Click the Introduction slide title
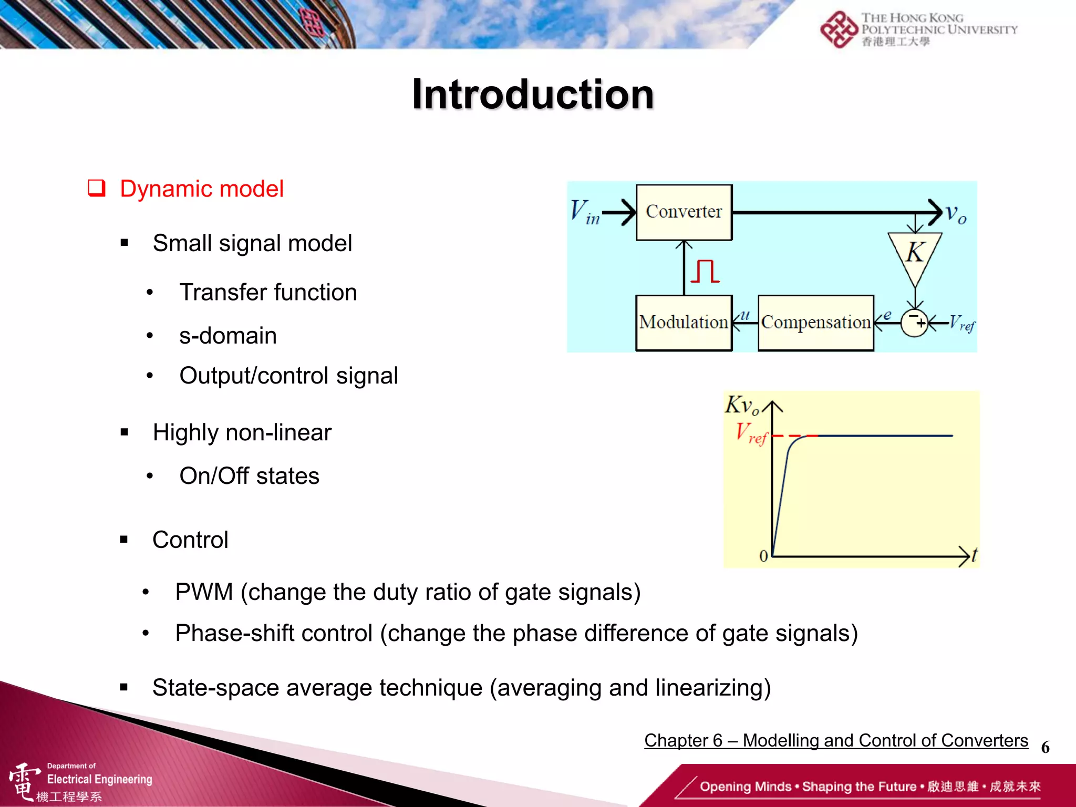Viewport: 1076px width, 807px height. [533, 95]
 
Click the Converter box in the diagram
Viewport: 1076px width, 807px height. [684, 212]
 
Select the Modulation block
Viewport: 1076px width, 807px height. [684, 323]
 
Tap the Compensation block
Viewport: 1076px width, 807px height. [815, 323]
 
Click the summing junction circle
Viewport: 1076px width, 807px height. [915, 323]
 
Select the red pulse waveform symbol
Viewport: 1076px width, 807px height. [705, 272]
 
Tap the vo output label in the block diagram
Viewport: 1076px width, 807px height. [956, 214]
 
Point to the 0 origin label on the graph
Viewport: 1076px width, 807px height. [763, 556]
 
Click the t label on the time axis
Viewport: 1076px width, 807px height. [975, 555]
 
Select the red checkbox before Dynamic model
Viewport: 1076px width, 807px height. [97, 188]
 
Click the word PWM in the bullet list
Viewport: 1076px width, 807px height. [204, 592]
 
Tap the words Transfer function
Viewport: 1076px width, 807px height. [268, 293]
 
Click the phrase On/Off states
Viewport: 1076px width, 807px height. [249, 476]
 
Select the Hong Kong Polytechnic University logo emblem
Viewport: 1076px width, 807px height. [839, 30]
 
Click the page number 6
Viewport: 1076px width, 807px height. [1045, 747]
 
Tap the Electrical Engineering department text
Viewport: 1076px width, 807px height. [99, 779]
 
